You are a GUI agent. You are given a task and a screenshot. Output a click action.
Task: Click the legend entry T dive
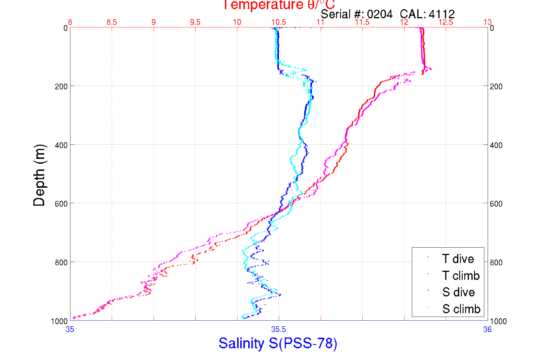458,259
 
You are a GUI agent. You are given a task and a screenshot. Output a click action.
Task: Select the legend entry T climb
461,276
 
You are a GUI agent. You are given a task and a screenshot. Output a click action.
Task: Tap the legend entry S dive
458,292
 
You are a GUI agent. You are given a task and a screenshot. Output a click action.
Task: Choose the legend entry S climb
461,309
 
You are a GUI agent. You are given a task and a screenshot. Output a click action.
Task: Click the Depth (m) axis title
39,175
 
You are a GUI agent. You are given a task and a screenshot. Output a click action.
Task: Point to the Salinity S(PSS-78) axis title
278,343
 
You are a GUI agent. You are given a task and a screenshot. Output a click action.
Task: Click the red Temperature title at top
279,5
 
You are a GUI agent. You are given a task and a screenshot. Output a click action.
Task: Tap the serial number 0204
380,14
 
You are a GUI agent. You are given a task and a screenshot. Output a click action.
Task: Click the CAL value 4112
442,14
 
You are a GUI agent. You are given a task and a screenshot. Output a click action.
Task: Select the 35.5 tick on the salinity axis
278,329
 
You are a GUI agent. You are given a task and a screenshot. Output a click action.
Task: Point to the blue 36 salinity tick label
487,329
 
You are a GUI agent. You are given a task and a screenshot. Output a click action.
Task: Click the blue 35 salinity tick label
70,329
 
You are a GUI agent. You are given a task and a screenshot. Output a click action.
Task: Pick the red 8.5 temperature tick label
112,22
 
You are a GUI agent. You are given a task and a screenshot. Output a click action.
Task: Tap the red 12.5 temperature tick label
446,22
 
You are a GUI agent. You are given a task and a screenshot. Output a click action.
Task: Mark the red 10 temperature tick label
237,22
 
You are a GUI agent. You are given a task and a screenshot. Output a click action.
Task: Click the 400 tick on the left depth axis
61,145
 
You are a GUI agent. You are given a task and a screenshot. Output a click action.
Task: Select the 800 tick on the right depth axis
496,262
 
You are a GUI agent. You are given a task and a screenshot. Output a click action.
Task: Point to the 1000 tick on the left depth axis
59,321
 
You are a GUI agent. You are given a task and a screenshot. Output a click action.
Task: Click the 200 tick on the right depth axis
496,86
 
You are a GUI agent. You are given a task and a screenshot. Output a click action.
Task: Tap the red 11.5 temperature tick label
362,22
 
